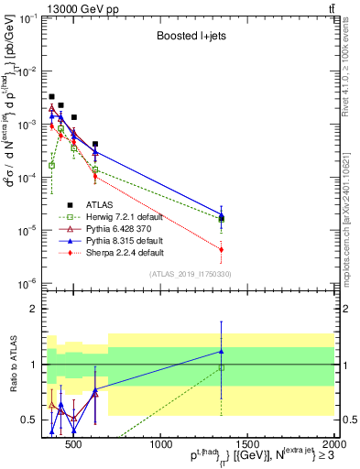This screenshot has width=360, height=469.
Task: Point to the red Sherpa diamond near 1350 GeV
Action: point(221,249)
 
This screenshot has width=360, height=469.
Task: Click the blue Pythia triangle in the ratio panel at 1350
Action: point(221,351)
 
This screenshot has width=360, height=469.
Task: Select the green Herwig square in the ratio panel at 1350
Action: point(221,368)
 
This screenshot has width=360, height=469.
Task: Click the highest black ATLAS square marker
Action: point(51,96)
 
